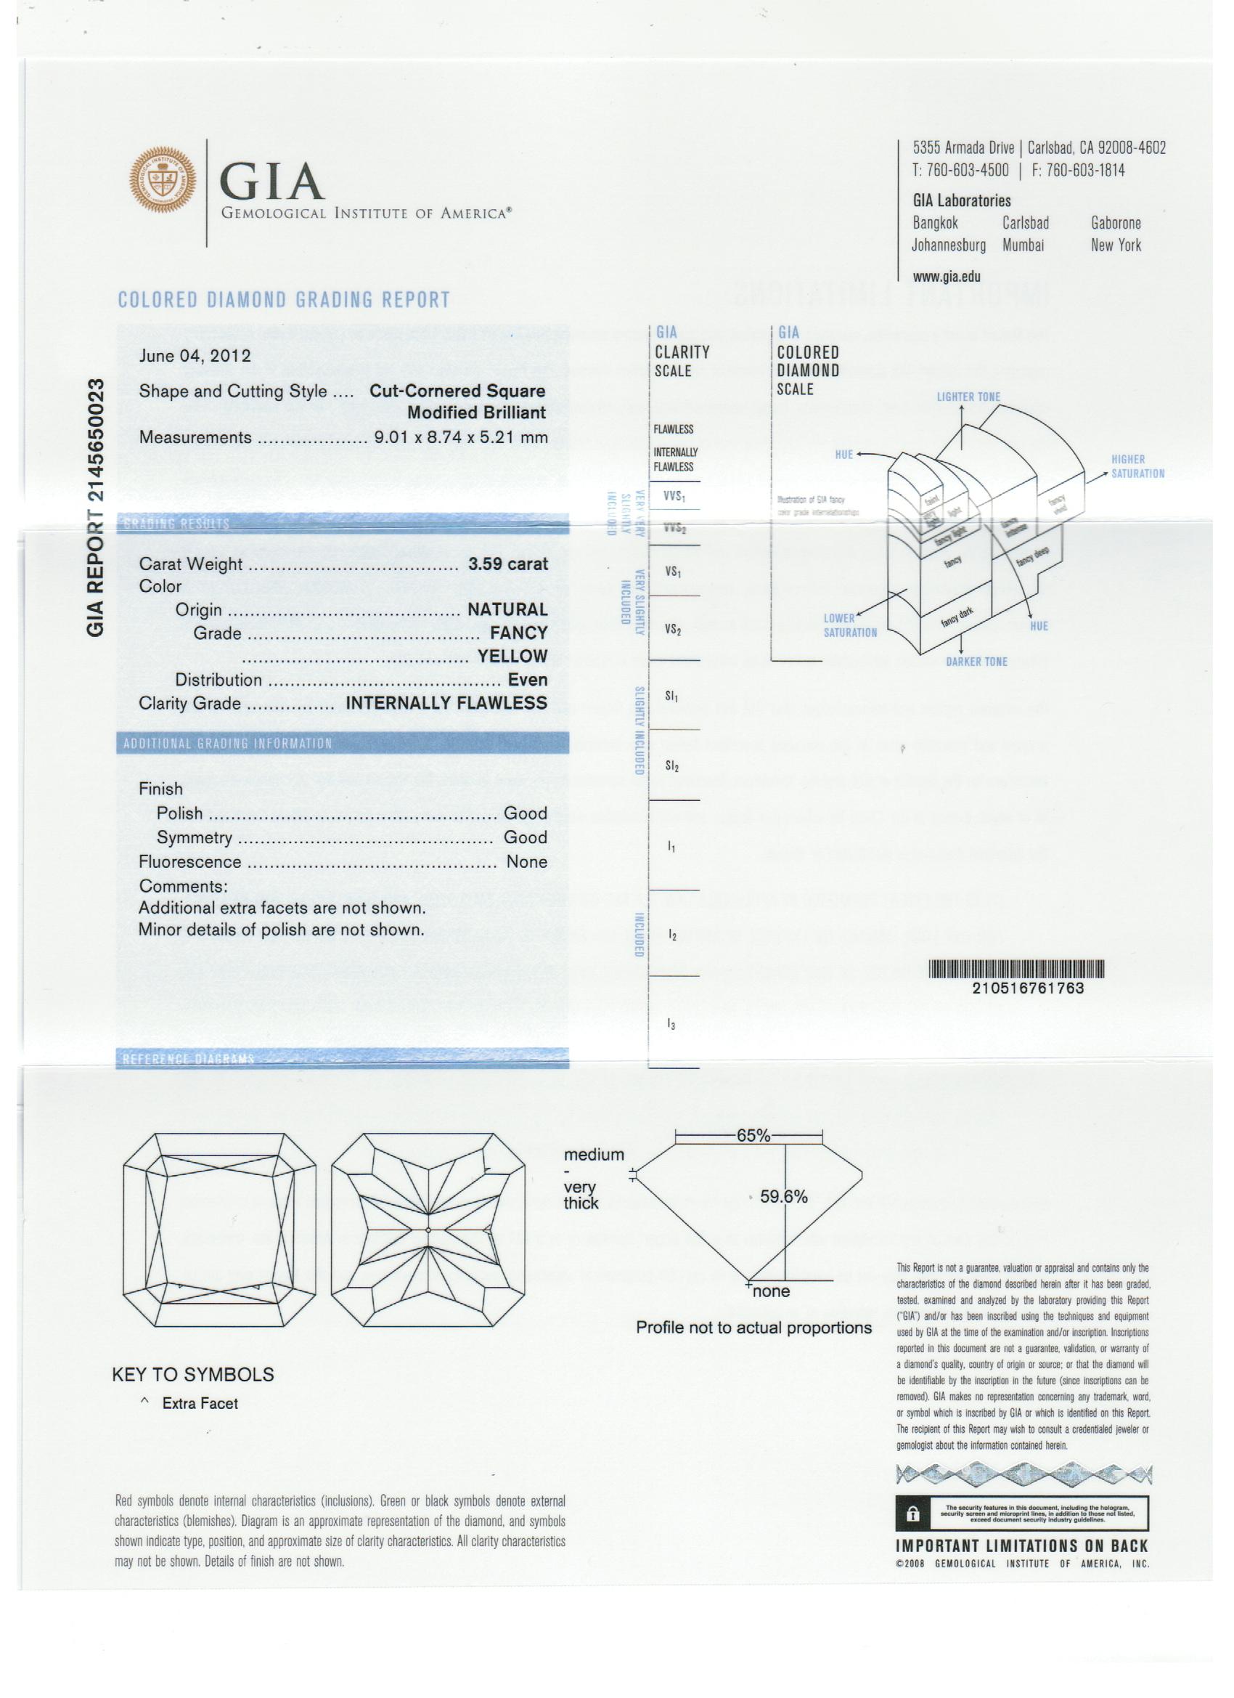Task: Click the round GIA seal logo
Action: coord(163,179)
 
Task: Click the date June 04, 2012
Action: coord(195,356)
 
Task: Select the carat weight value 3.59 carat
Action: coord(507,564)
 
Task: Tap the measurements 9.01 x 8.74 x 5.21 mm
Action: coord(461,437)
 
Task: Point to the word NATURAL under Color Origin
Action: coord(507,609)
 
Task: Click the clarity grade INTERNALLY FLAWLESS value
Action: coord(446,703)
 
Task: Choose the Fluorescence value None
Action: coord(526,862)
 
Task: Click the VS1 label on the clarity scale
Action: coord(673,573)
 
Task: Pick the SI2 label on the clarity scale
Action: coord(672,766)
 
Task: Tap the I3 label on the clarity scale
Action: coord(671,1025)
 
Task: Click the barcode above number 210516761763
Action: coord(1016,969)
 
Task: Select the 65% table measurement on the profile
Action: coord(753,1135)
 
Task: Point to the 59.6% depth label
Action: coord(783,1196)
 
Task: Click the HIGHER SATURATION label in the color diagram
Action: coord(1137,466)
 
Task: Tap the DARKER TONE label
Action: coord(976,662)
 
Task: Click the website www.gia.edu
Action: coord(946,276)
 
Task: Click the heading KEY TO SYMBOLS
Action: coord(193,1375)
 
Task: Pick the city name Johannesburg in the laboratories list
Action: coord(948,245)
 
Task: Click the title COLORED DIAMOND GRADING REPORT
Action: coord(285,300)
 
